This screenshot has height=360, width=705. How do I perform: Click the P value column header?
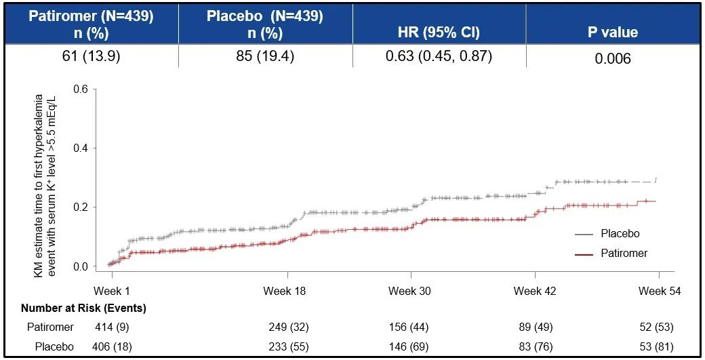coord(612,32)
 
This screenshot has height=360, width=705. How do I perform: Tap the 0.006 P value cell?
coord(613,59)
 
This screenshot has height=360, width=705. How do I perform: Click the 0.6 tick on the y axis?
coord(80,89)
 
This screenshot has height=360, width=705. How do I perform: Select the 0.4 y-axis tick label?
coord(80,148)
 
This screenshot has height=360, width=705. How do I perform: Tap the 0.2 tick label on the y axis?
coord(80,207)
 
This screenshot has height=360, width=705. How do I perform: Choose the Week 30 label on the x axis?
coord(409,291)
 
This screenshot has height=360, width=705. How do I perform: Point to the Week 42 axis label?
coord(535,291)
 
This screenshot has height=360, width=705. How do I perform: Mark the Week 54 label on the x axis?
coord(659,291)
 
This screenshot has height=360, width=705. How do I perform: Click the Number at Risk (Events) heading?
coord(83,308)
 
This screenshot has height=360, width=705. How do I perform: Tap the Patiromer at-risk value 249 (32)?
coord(289,327)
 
